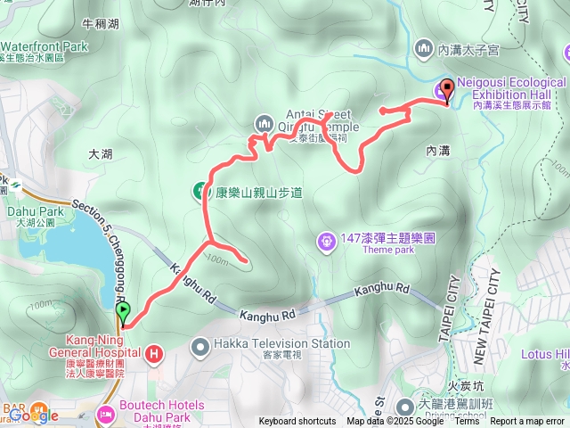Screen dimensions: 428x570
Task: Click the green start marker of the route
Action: [122, 313]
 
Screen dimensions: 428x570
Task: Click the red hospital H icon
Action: [155, 355]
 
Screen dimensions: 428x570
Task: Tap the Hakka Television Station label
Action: [281, 343]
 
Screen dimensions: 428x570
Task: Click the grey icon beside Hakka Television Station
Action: [200, 344]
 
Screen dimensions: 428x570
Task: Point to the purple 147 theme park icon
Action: [327, 241]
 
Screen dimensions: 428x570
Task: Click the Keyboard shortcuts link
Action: [297, 422]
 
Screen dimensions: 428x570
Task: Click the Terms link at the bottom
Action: [467, 422]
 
